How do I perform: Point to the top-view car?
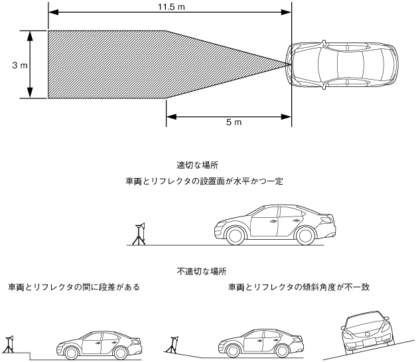tap(344, 64)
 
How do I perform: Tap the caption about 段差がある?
tap(74, 287)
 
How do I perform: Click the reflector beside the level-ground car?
tap(140, 233)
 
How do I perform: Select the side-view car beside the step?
tap(100, 343)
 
